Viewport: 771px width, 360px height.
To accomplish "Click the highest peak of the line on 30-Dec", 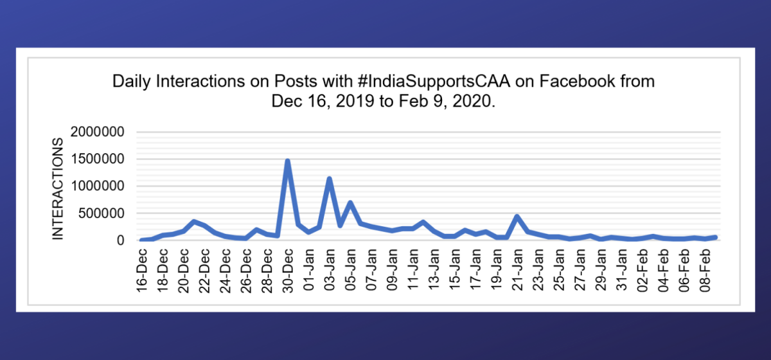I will point(287,161).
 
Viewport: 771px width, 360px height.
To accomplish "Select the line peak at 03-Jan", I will point(329,179).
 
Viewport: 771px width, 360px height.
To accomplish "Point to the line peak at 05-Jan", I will point(350,203).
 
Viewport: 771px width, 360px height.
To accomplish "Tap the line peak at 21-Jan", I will point(517,216).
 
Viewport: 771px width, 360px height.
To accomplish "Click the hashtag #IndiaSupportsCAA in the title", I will point(428,82).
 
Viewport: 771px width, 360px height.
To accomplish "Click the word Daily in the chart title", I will point(128,82).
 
